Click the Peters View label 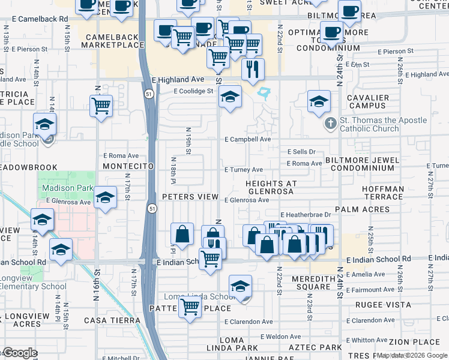coord(190,197)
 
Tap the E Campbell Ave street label coord(247,139)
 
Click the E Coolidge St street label coord(193,91)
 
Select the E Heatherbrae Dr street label coord(306,214)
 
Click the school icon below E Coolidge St coord(229,97)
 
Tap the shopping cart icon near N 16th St coord(101,106)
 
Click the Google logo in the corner coord(19,353)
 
